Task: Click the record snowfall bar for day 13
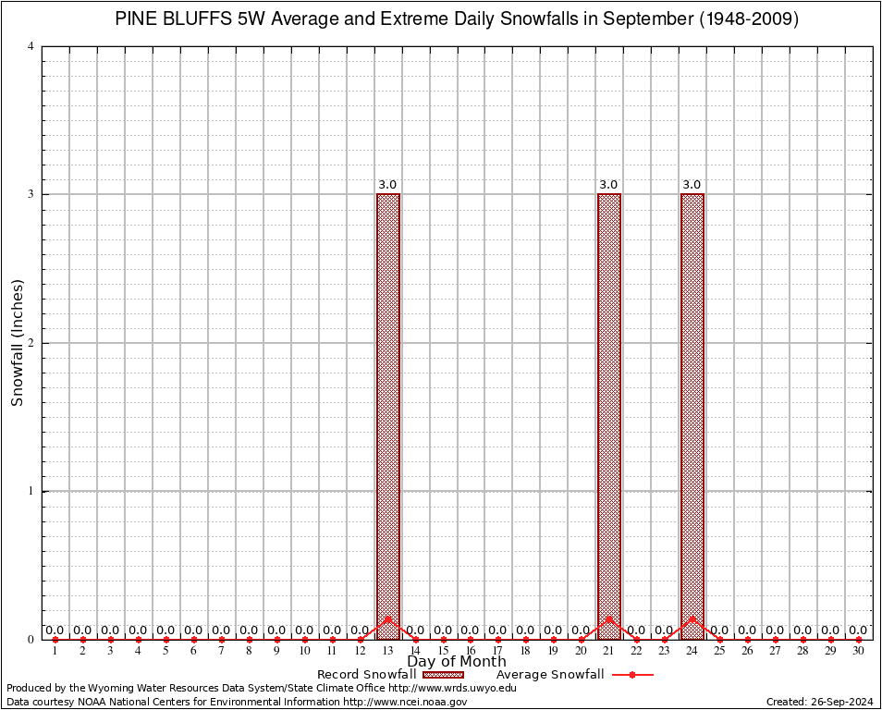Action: (x=388, y=416)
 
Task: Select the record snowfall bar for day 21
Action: (x=609, y=416)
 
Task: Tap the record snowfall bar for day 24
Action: (x=692, y=416)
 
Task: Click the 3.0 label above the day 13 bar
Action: (x=387, y=185)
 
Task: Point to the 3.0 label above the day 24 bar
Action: (x=692, y=185)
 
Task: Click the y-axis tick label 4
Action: (x=31, y=46)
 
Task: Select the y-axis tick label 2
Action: (x=31, y=343)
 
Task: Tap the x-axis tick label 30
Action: (x=858, y=651)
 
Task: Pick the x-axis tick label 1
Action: (x=55, y=651)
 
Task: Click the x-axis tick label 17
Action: (x=497, y=651)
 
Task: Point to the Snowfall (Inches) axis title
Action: (x=17, y=343)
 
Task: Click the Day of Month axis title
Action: (x=457, y=662)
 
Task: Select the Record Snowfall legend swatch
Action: (x=443, y=675)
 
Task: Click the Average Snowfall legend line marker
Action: (x=631, y=675)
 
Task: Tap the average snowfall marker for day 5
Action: (x=166, y=640)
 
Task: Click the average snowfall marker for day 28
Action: (x=802, y=640)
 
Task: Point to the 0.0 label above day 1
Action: (x=55, y=630)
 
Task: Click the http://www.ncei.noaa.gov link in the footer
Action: (x=405, y=702)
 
